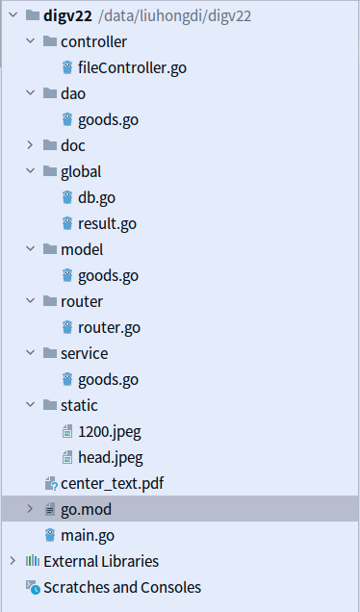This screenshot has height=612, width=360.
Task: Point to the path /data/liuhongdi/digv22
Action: tap(169, 15)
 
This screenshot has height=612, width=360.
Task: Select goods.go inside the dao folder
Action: tap(108, 119)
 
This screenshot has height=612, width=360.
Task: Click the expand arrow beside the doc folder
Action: tap(29, 145)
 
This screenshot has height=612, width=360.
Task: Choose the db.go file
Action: tap(96, 197)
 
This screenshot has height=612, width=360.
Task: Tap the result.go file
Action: tap(107, 223)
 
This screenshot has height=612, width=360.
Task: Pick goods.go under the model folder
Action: tap(108, 275)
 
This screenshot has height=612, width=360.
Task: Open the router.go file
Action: tap(109, 327)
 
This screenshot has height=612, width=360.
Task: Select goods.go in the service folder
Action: tap(108, 379)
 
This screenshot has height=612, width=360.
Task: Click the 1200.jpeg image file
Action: tap(110, 431)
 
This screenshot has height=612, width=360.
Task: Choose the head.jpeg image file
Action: tap(110, 457)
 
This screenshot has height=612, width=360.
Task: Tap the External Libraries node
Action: tap(101, 561)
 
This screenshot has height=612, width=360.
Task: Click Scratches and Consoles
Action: tap(122, 587)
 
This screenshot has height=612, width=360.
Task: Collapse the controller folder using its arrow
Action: tap(29, 41)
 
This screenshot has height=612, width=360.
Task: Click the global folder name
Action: tap(81, 171)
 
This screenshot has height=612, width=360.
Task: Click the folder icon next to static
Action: tap(49, 405)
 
